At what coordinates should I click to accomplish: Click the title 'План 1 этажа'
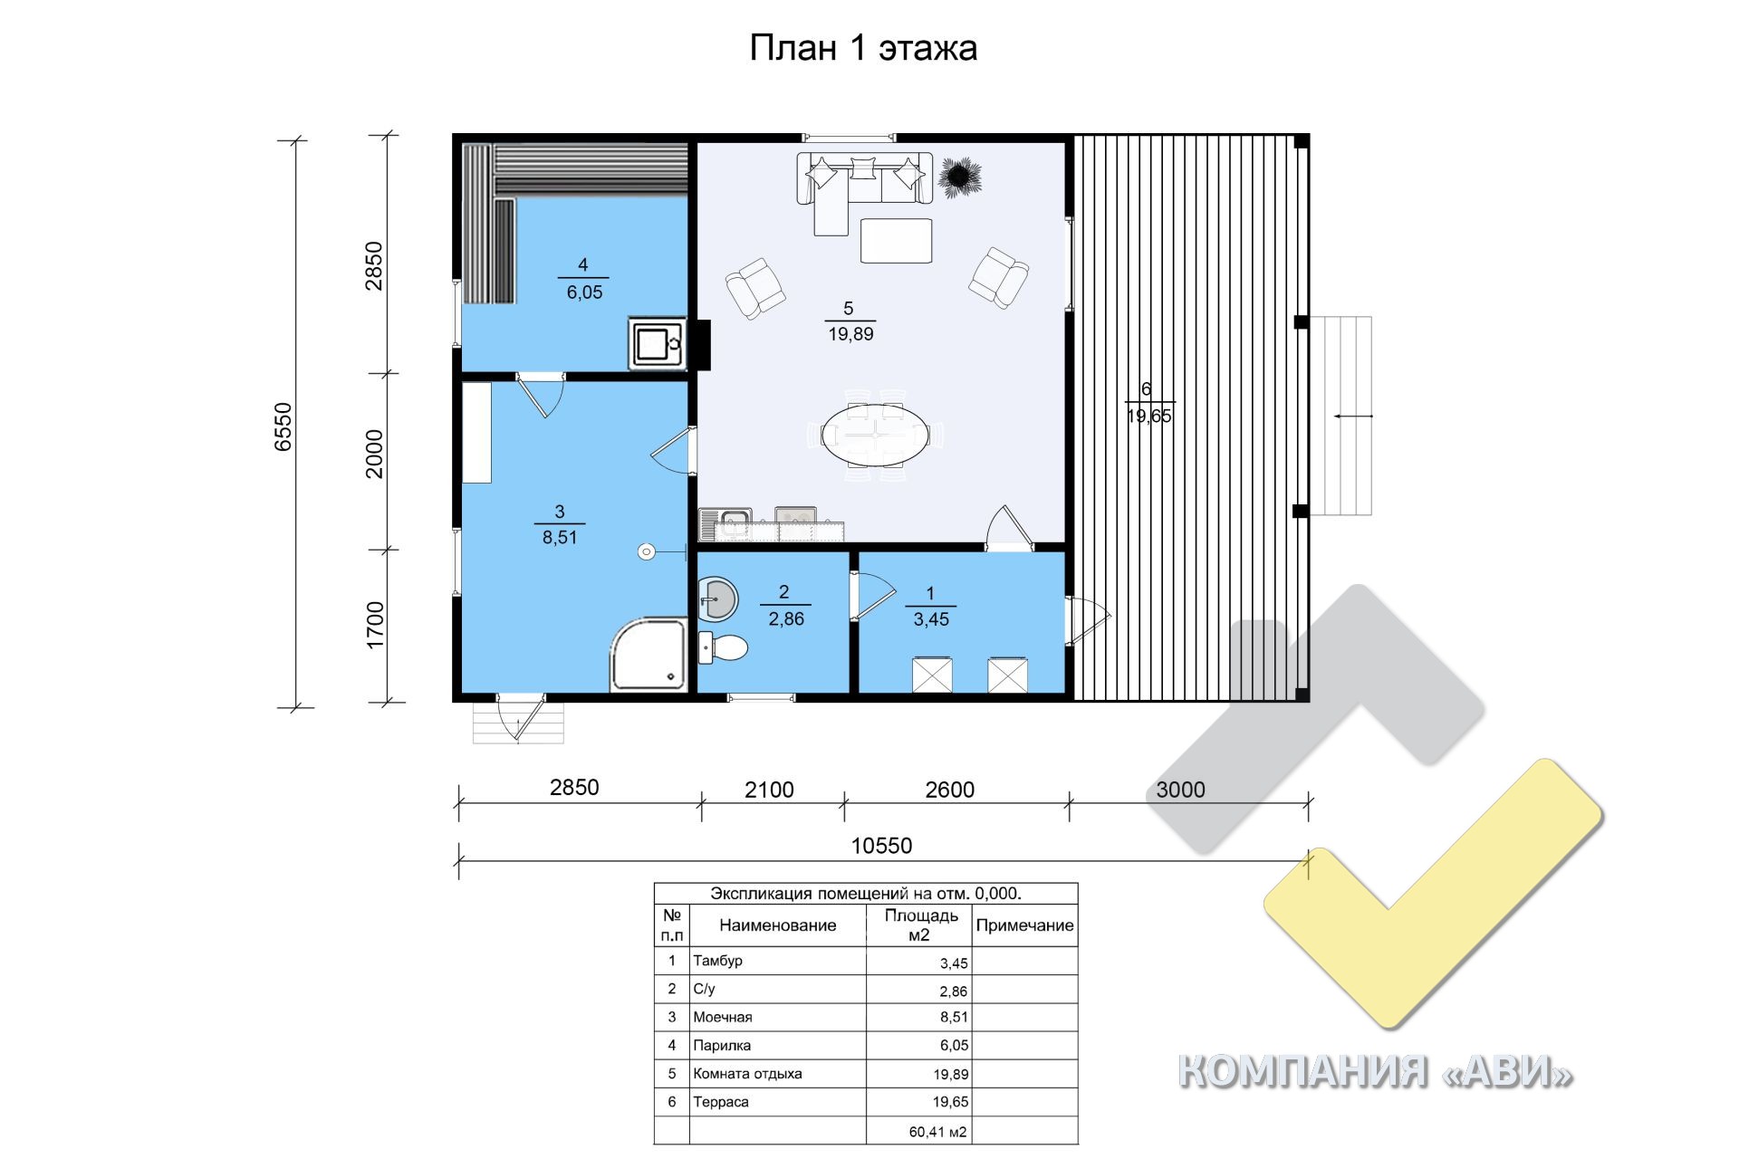pyautogui.click(x=863, y=48)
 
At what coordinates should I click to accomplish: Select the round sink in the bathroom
pyautogui.click(x=718, y=599)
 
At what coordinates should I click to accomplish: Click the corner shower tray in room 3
pyautogui.click(x=649, y=655)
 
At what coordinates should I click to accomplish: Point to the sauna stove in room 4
pyautogui.click(x=657, y=343)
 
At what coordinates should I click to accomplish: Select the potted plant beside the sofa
pyautogui.click(x=958, y=177)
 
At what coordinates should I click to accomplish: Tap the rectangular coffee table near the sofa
pyautogui.click(x=896, y=241)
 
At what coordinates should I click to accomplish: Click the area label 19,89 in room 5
pyautogui.click(x=850, y=334)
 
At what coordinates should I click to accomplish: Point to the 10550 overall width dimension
pyautogui.click(x=881, y=846)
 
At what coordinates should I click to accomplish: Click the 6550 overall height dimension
pyautogui.click(x=283, y=426)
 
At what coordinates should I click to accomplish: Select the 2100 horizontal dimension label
pyautogui.click(x=769, y=790)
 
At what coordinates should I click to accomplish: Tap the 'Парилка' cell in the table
pyautogui.click(x=722, y=1045)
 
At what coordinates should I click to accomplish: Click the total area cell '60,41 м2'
pyautogui.click(x=937, y=1132)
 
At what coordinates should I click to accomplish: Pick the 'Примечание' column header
pyautogui.click(x=1024, y=925)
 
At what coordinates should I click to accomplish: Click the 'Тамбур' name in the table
pyautogui.click(x=717, y=961)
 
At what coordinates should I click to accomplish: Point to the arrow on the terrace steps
pyautogui.click(x=1353, y=417)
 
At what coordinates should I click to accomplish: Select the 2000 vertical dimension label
pyautogui.click(x=374, y=454)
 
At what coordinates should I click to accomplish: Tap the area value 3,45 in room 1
pyautogui.click(x=931, y=619)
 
